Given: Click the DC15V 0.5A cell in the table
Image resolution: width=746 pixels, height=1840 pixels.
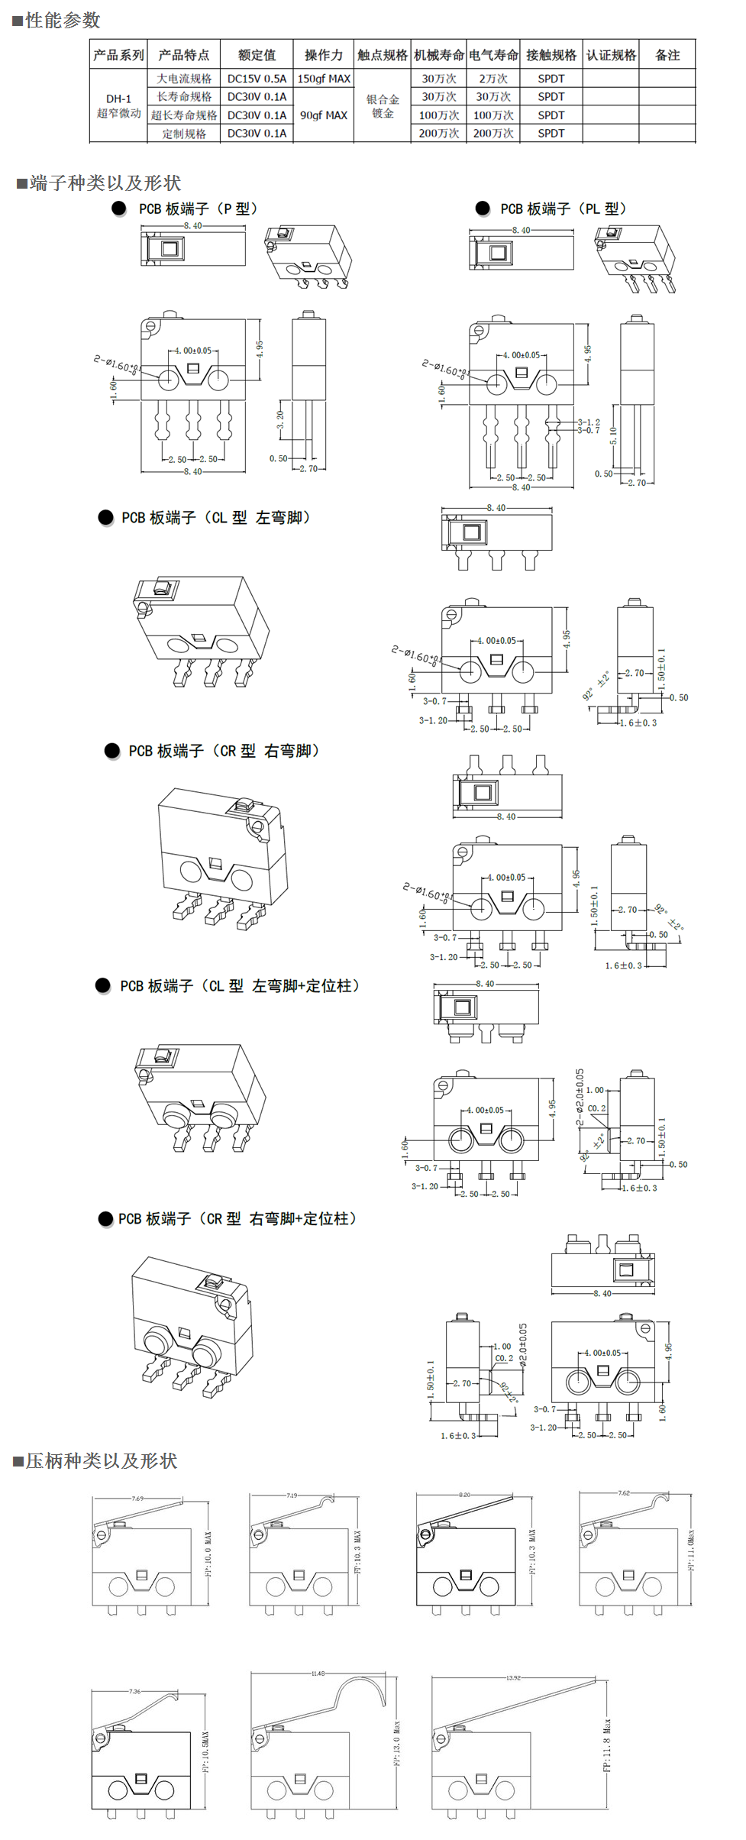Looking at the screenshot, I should click(257, 79).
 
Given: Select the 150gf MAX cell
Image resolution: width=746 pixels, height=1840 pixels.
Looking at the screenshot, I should click(324, 79).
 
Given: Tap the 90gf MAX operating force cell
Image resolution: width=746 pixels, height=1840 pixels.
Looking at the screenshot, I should click(324, 115).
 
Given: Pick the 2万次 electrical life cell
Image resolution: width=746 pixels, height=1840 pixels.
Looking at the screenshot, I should click(493, 79).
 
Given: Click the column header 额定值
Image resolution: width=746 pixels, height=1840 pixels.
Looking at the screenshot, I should click(257, 55).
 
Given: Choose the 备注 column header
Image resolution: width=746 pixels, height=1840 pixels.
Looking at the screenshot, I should click(667, 55).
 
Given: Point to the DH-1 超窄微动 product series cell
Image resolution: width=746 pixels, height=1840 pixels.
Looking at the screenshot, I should click(118, 106).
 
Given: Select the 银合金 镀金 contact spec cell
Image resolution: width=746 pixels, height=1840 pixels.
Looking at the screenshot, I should click(383, 106).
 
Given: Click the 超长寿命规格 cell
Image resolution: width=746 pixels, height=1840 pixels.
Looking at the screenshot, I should click(184, 115).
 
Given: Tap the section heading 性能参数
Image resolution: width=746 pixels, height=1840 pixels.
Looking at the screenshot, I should click(63, 21).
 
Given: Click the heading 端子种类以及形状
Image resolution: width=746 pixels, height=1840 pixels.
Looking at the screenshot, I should click(105, 183).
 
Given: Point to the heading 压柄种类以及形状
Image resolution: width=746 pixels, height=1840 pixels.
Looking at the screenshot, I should click(102, 1461).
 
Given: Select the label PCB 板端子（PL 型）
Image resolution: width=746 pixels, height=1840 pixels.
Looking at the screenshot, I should click(564, 209).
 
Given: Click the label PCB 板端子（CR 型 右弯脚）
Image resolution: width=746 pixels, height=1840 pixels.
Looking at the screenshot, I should click(224, 752).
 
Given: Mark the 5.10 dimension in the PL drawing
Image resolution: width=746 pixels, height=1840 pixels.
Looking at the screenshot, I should click(613, 436).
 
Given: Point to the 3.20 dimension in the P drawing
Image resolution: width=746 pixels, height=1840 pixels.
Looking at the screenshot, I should click(280, 421).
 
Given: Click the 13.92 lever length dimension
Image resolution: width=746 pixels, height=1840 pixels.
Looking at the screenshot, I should click(513, 1678).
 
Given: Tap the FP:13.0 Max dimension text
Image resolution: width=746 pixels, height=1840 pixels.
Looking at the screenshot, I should click(396, 1742).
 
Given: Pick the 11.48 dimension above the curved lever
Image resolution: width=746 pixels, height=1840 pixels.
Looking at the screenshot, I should click(318, 1673).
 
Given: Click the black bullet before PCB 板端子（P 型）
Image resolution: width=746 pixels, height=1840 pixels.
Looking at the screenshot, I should click(119, 209).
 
